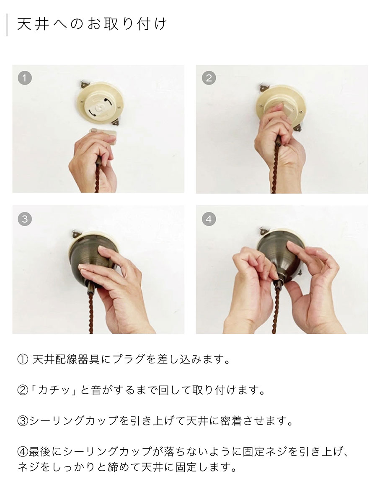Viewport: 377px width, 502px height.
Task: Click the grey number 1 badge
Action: pyautogui.click(x=25, y=78)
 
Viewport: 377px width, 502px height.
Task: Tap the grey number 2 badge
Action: pyautogui.click(x=209, y=78)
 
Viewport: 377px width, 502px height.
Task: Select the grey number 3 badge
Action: pyautogui.click(x=25, y=219)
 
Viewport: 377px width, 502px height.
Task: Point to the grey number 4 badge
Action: pyautogui.click(x=209, y=219)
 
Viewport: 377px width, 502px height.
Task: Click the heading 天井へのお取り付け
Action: pyautogui.click(x=92, y=24)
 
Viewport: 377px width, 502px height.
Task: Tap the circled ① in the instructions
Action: pyautogui.click(x=23, y=359)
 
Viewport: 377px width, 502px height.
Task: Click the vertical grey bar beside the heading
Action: pyautogui.click(x=7, y=25)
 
